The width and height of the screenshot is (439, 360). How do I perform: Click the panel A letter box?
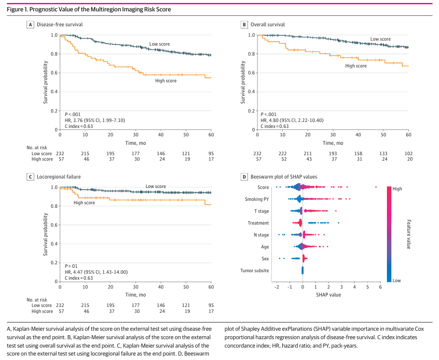click(30, 24)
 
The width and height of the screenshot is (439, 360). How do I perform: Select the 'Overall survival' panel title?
click(267, 24)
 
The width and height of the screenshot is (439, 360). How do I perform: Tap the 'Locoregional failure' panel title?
click(59, 176)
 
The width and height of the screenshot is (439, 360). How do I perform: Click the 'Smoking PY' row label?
click(257, 199)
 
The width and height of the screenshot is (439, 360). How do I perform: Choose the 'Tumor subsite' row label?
click(254, 271)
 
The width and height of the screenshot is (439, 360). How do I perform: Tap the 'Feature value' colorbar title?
click(408, 234)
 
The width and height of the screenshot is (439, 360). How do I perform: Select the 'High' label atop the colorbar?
click(397, 189)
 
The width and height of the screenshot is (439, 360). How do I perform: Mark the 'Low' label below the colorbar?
click(396, 280)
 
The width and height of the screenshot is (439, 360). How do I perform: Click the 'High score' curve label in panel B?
click(356, 66)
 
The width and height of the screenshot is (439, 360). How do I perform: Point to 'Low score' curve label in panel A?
click(159, 45)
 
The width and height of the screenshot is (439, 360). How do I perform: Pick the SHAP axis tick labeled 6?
click(380, 287)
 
